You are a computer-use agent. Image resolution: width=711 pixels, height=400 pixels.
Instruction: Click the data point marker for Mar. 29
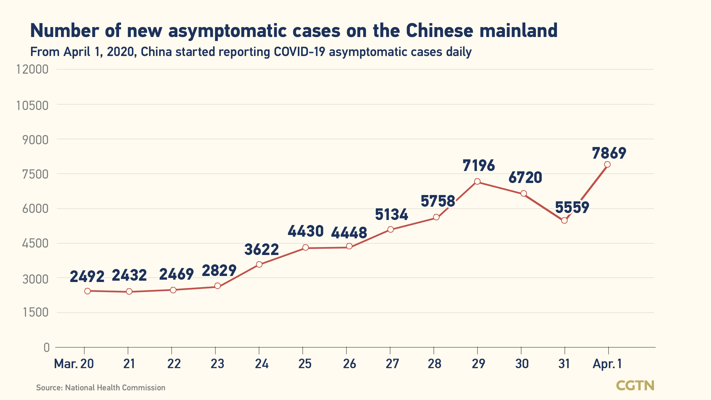click(477, 182)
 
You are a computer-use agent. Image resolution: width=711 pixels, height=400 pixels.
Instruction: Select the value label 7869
click(609, 153)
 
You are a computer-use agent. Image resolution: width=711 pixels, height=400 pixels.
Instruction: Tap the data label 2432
click(129, 275)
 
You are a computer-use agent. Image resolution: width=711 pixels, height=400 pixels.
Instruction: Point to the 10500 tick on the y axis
click(32, 105)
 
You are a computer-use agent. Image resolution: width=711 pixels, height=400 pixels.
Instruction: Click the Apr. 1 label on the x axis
click(607, 364)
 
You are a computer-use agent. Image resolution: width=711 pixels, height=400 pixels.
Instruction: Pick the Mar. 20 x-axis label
click(74, 364)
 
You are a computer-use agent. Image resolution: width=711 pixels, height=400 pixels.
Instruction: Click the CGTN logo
click(635, 386)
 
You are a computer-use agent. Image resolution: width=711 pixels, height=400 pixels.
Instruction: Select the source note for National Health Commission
click(101, 388)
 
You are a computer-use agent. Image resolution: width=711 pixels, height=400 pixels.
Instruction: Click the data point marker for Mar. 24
click(259, 265)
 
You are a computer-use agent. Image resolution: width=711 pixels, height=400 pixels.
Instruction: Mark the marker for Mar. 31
click(564, 220)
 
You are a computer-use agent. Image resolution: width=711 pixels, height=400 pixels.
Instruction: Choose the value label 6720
click(525, 178)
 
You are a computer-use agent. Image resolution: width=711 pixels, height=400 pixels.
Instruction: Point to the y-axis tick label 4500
click(35, 244)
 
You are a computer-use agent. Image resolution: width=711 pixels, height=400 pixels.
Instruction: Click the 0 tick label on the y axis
click(46, 348)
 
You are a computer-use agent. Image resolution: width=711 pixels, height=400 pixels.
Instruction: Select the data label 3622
click(261, 250)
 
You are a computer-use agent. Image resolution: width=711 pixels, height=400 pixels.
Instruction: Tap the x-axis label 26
click(349, 364)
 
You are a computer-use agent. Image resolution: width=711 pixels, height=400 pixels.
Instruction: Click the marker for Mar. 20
click(87, 291)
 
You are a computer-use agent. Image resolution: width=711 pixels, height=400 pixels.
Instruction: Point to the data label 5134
click(392, 214)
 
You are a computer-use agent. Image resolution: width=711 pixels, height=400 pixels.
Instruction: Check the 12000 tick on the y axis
click(32, 70)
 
